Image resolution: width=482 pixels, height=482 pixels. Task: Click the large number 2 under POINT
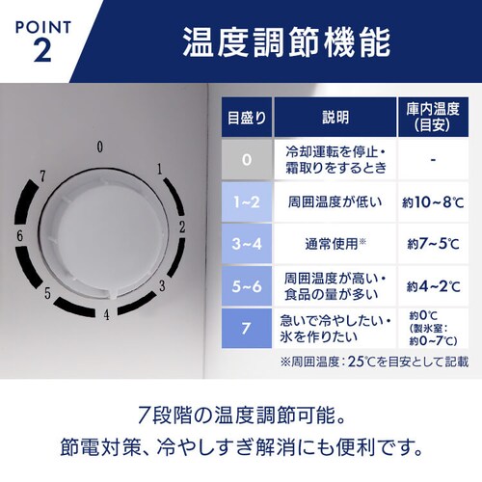(41, 50)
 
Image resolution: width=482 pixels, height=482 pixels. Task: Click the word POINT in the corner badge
(42, 21)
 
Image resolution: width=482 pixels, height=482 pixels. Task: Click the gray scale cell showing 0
(246, 157)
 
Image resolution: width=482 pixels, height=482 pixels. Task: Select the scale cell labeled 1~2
(246, 201)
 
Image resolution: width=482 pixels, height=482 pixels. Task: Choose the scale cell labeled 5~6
(246, 285)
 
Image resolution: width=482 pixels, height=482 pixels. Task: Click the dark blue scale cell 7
(246, 329)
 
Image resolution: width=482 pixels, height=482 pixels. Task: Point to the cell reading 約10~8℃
(431, 201)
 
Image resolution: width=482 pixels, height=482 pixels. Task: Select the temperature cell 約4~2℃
(431, 285)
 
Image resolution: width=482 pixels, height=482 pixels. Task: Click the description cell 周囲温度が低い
(335, 201)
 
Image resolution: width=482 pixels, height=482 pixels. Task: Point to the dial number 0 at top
(100, 147)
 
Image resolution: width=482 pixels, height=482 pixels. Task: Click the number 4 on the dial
(107, 313)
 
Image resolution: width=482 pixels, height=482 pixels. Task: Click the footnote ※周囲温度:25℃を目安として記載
(374, 361)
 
